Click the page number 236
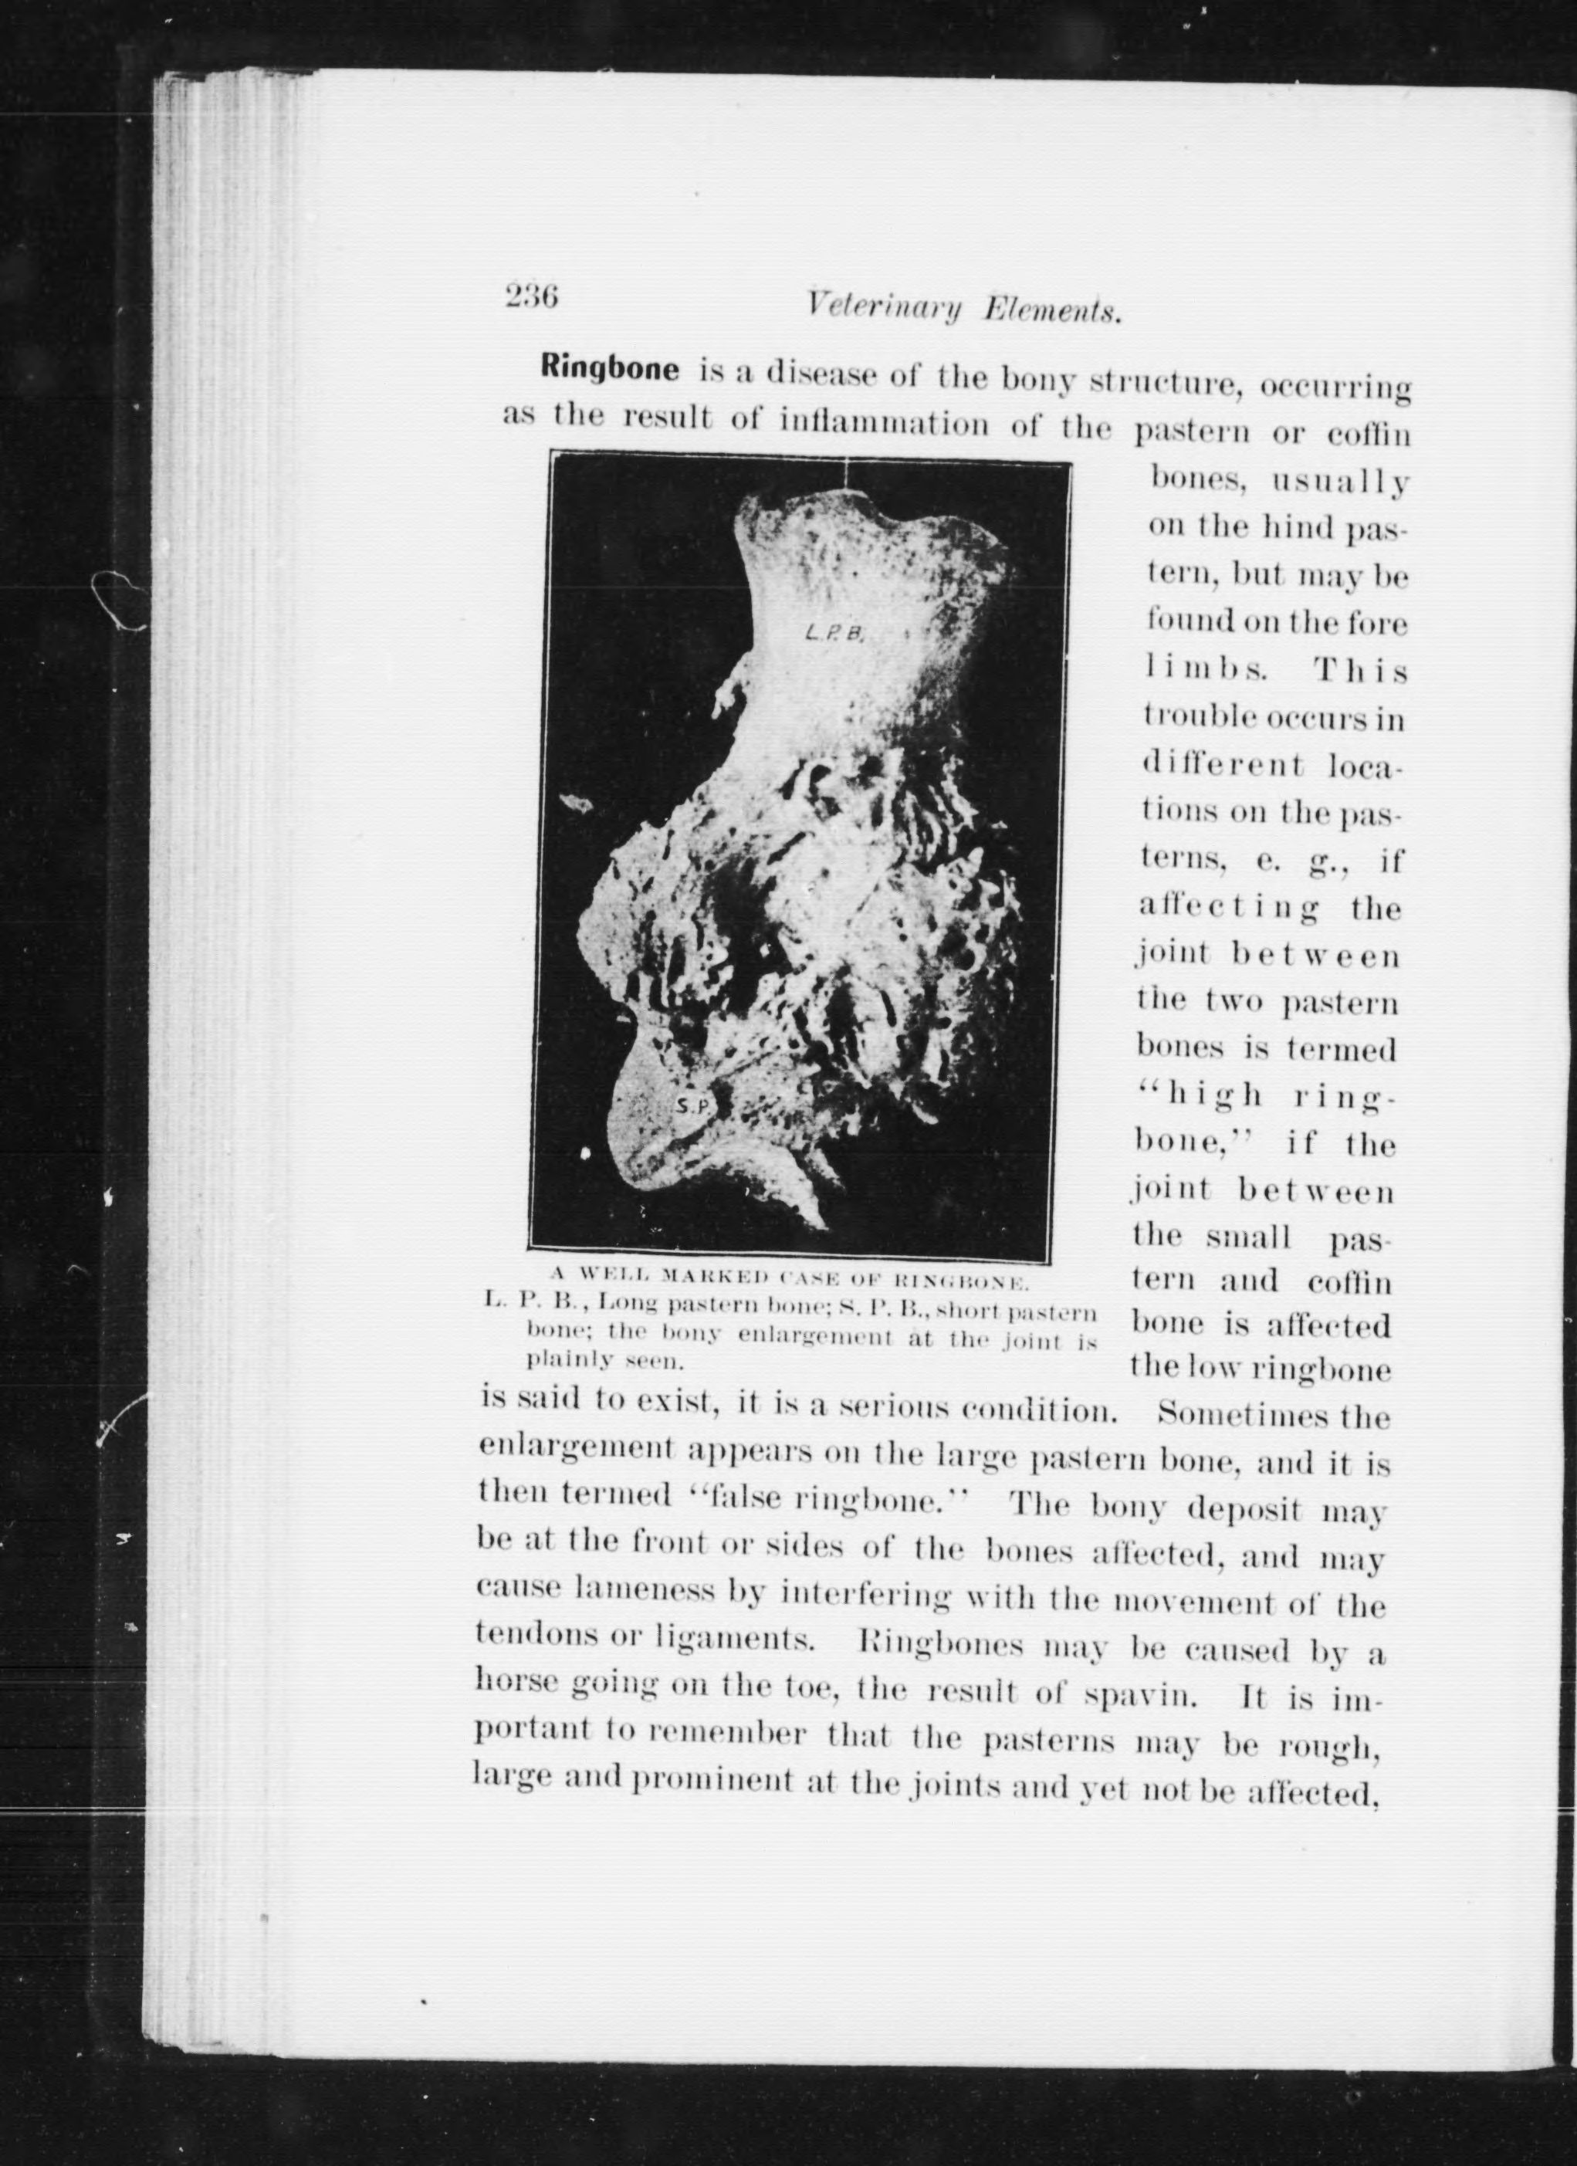[x=531, y=296]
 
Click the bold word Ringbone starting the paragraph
[x=609, y=369]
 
